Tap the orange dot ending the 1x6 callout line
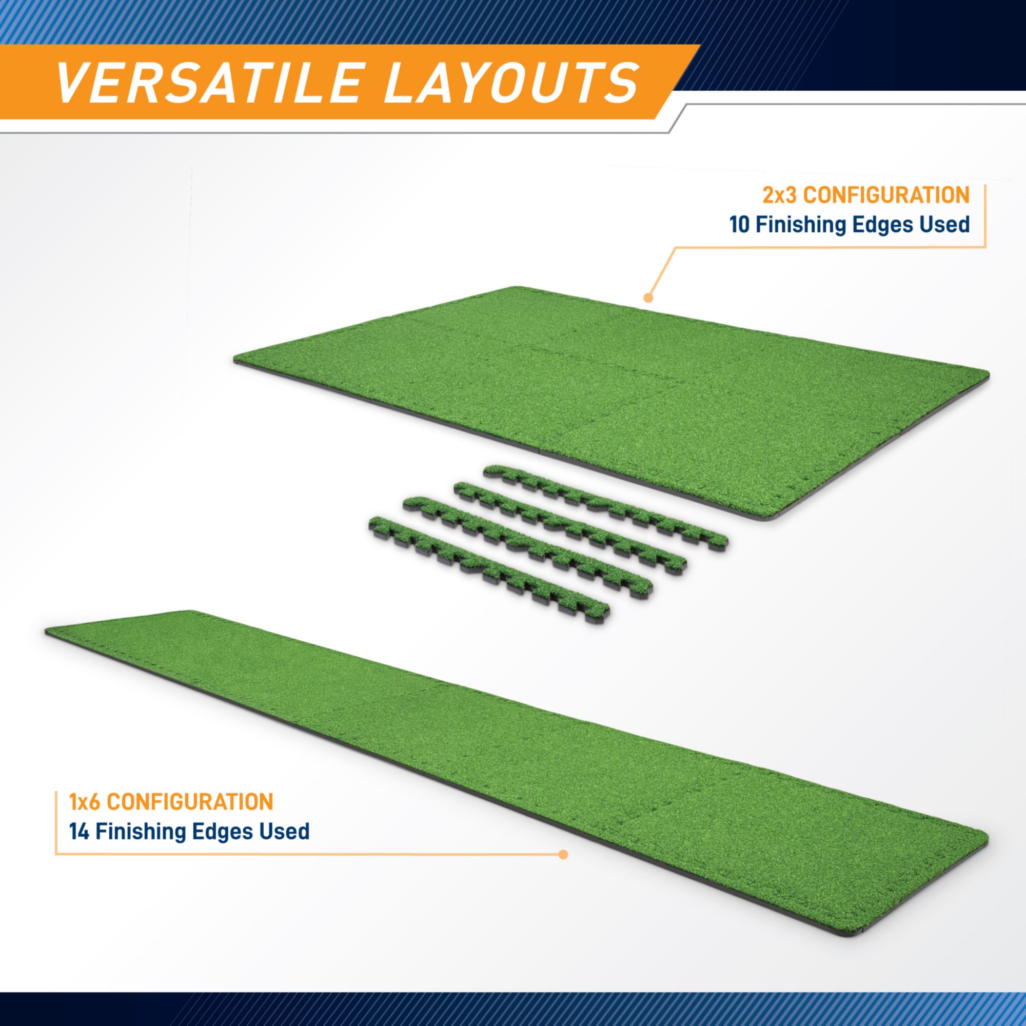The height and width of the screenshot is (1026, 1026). pyautogui.click(x=563, y=855)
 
